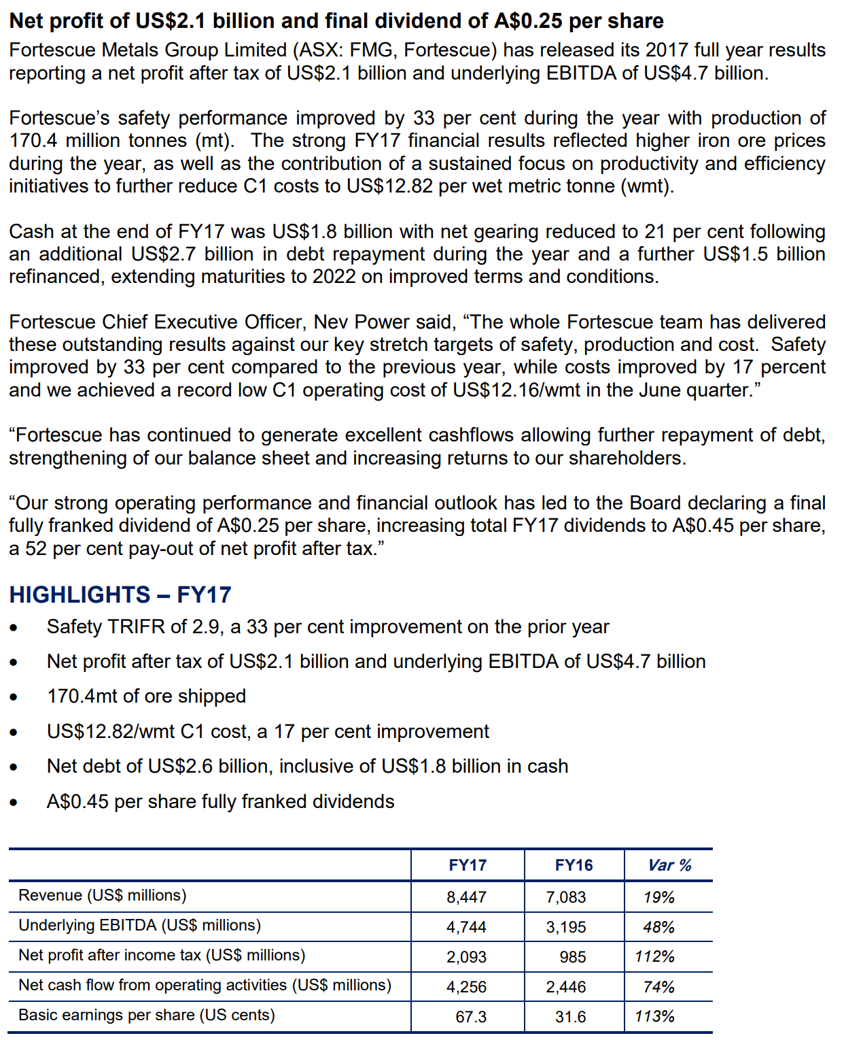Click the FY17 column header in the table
point(468,865)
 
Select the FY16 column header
point(574,865)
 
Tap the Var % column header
point(669,865)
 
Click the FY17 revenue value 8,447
point(466,897)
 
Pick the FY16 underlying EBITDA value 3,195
point(565,927)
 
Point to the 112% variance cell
point(654,957)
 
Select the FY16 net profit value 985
point(572,957)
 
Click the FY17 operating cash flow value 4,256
point(466,987)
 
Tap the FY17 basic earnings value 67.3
point(471,1017)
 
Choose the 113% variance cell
point(654,1017)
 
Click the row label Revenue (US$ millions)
point(102,895)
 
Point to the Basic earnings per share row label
point(147,1015)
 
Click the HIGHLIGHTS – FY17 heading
point(120,594)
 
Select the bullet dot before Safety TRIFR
point(14,628)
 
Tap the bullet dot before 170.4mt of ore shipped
point(14,697)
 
